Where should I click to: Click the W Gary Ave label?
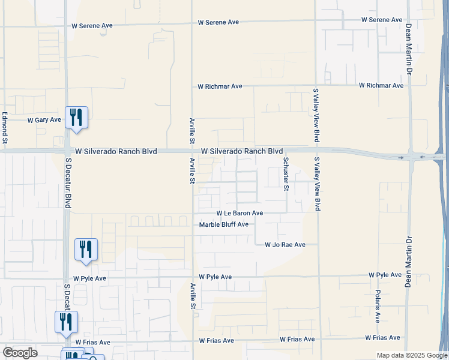pyautogui.click(x=44, y=120)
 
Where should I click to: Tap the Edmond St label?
pyautogui.click(x=4, y=128)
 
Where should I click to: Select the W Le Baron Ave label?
pyautogui.click(x=240, y=214)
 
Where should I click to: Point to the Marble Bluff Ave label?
pyautogui.click(x=223, y=225)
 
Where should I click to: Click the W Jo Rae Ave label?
pyautogui.click(x=285, y=245)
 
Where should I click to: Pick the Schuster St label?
pyautogui.click(x=286, y=173)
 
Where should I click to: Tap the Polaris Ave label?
pyautogui.click(x=378, y=305)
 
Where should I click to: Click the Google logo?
pyautogui.click(x=20, y=352)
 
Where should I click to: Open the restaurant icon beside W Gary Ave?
pyautogui.click(x=76, y=116)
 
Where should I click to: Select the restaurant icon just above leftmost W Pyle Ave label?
pyautogui.click(x=86, y=248)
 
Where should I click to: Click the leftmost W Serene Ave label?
pyautogui.click(x=92, y=26)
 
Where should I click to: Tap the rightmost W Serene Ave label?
pyautogui.click(x=382, y=20)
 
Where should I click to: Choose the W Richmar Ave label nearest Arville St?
pyautogui.click(x=220, y=86)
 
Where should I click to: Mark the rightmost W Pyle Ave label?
pyautogui.click(x=385, y=275)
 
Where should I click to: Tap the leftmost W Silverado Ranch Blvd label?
pyautogui.click(x=115, y=152)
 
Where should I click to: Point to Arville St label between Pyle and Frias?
pyautogui.click(x=193, y=296)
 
